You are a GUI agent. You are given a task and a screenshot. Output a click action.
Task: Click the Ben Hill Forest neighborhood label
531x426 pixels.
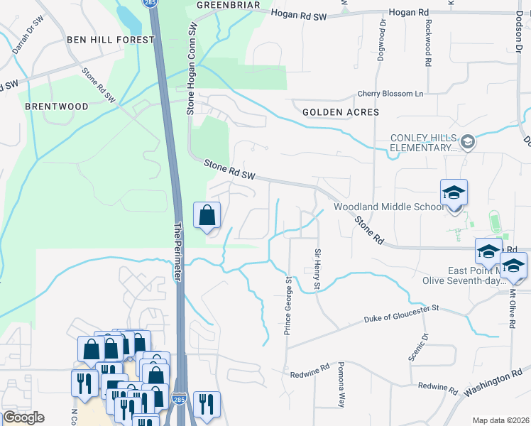(x=110, y=40)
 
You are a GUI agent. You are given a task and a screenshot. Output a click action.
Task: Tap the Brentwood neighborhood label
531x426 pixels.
(x=57, y=106)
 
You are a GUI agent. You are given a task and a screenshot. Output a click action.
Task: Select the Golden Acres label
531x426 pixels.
(x=341, y=112)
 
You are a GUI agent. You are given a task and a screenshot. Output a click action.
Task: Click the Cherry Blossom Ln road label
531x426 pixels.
(x=390, y=94)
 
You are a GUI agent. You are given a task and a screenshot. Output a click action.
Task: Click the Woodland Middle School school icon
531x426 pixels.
(x=454, y=192)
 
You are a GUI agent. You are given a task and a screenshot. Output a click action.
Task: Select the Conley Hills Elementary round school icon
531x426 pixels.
(x=468, y=143)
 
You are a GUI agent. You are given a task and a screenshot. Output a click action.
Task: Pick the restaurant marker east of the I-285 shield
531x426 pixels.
(x=207, y=405)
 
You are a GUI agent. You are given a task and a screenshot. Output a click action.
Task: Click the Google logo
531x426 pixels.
(x=23, y=417)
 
